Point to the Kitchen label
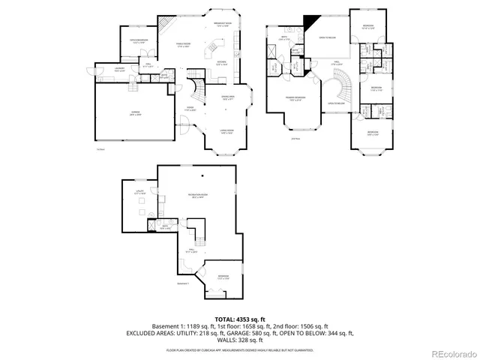pyautogui.click(x=221, y=62)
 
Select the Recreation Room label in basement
pyautogui.click(x=196, y=197)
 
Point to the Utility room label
pyautogui.click(x=139, y=193)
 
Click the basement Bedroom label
pyautogui.click(x=223, y=277)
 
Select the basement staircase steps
pyautogui.click(x=199, y=238)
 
